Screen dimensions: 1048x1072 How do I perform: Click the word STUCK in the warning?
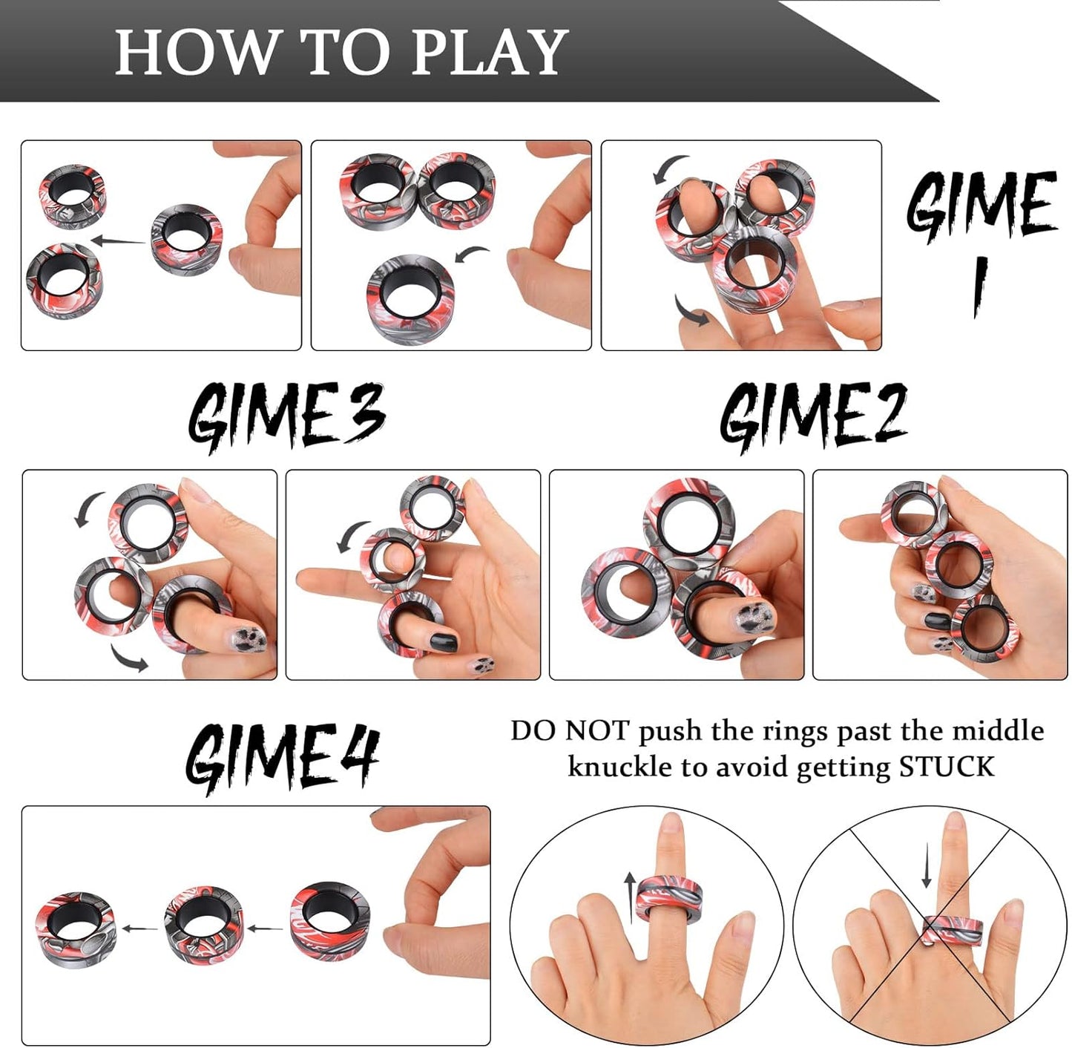[x=947, y=767]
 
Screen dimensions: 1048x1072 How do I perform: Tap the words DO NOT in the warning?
[x=570, y=731]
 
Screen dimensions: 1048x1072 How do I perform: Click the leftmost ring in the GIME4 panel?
[x=76, y=929]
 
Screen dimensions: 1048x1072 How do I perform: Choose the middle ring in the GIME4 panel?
[x=204, y=925]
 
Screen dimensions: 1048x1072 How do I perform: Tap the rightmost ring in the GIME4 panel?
[x=329, y=920]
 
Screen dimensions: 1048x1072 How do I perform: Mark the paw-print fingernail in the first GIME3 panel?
[x=249, y=640]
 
